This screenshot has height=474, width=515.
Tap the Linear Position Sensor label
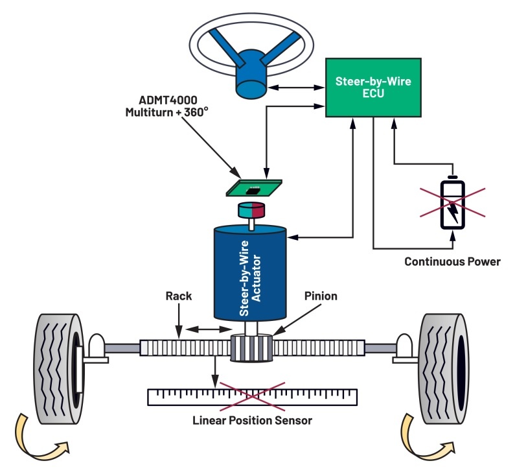252,420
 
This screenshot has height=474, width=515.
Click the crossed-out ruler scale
252,396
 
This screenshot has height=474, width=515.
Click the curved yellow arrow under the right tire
424,436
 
